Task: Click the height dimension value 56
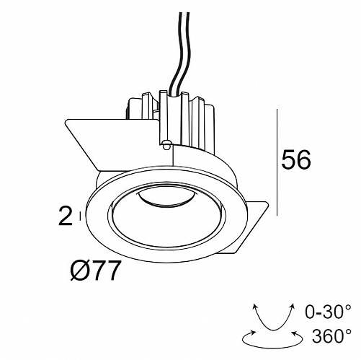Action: [x=296, y=159]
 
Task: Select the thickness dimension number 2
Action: [x=66, y=216]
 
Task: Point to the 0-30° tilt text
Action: [x=328, y=312]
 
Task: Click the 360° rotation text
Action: [x=331, y=335]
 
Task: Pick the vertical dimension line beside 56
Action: [x=277, y=162]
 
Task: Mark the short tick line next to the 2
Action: [x=80, y=216]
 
